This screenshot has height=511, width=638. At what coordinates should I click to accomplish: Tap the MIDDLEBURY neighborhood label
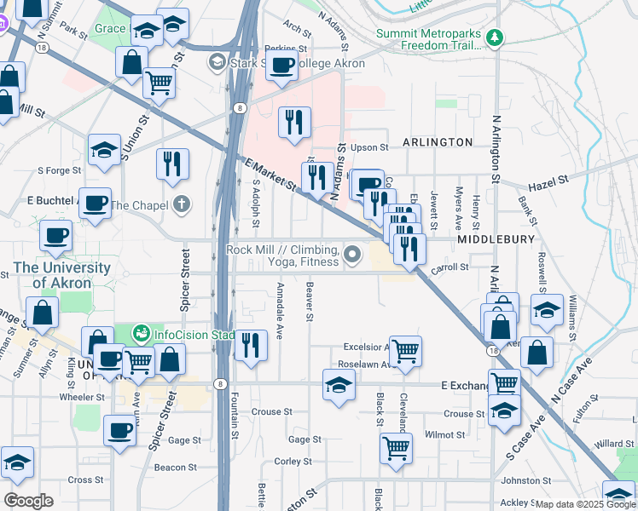coord(495,240)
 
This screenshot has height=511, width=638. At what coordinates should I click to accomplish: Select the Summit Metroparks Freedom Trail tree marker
coord(494,38)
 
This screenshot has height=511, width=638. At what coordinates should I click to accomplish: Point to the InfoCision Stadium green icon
coord(142,331)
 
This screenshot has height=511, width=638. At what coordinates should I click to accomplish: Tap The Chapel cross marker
coord(179,204)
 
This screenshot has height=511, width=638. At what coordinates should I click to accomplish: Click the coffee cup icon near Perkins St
coord(281,64)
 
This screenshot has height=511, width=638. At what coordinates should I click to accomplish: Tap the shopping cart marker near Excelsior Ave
coord(406,348)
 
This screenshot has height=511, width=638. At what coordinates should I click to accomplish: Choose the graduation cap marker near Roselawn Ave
coord(339,386)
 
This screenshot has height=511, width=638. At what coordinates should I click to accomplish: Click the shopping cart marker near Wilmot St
coord(395,446)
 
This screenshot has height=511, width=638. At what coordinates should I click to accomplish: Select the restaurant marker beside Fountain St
coord(250,345)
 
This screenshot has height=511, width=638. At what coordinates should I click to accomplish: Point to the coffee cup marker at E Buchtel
coord(96,204)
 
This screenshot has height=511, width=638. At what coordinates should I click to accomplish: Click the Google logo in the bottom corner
coord(28,501)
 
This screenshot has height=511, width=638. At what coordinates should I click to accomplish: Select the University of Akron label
coord(62,274)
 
